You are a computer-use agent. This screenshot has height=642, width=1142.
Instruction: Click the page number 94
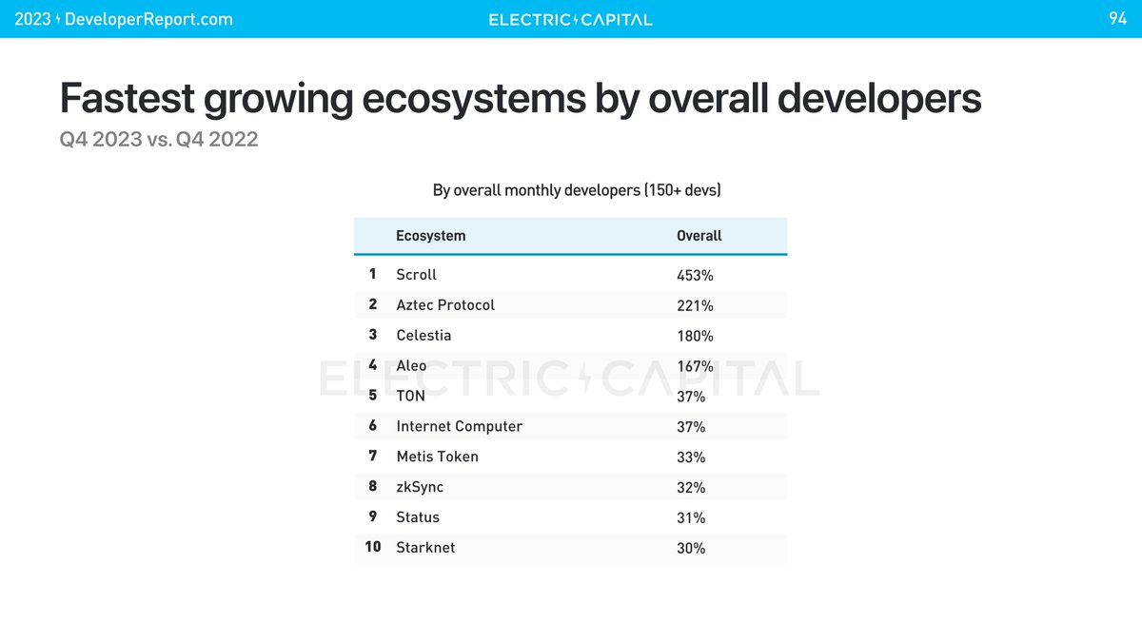[x=1117, y=19]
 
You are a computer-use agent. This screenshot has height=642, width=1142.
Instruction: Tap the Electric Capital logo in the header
[x=570, y=19]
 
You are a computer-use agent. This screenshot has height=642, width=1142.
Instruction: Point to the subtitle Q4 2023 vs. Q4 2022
[x=158, y=140]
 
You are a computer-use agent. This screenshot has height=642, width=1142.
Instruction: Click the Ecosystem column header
[x=430, y=236]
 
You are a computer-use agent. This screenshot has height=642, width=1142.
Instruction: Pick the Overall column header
[x=699, y=236]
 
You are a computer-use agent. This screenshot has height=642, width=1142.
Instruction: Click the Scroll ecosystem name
[x=416, y=275]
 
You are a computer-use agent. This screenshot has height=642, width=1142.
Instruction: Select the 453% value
[x=695, y=276]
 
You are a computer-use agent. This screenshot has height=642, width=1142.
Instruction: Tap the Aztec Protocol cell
[x=445, y=305]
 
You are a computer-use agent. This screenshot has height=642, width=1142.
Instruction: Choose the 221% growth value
[x=695, y=306]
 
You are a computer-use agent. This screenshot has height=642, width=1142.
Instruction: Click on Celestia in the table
[x=423, y=336]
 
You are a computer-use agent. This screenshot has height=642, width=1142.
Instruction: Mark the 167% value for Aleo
[x=695, y=367]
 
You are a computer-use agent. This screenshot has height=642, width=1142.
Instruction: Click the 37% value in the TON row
[x=691, y=397]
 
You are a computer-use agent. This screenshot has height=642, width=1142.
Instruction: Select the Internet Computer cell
[x=459, y=426]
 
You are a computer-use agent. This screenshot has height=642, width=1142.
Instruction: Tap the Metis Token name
[x=437, y=457]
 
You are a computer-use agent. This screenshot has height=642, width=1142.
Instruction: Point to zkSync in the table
[x=420, y=487]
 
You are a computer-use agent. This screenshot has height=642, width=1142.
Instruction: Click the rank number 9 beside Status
[x=373, y=517]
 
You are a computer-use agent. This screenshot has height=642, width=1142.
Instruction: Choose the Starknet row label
[x=425, y=548]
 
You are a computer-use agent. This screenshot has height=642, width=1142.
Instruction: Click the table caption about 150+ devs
[x=577, y=190]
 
